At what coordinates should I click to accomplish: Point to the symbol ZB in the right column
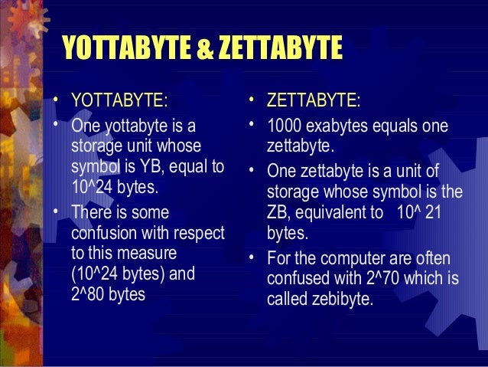(279, 212)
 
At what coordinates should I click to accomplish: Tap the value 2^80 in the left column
(89, 293)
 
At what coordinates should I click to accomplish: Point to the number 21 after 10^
(432, 211)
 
